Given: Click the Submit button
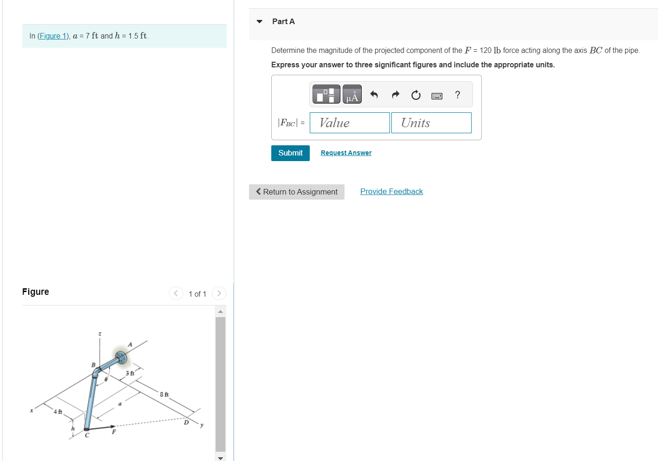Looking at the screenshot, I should point(290,153).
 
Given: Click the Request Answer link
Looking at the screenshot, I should point(346,153).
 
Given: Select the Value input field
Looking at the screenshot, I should point(350,123).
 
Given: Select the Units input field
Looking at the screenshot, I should point(431,123).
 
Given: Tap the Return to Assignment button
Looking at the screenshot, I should point(297,192).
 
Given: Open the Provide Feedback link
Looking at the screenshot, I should point(391,191).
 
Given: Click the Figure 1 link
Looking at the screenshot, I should point(53,36).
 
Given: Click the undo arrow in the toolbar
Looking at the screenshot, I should point(374,95).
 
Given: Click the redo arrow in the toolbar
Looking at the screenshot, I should point(395,95).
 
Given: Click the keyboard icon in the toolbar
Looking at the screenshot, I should point(436,96).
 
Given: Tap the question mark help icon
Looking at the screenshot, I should point(458,95).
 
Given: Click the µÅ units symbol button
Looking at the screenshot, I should point(352,94).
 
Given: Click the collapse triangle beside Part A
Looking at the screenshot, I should point(260,21).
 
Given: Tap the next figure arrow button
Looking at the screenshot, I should point(219,293).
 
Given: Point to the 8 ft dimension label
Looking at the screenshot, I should point(164,395).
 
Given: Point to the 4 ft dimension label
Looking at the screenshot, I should point(58,412).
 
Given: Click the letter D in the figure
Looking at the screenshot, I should point(186,422).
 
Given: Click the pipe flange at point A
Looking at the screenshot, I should point(121,357).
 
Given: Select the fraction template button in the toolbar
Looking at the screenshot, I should point(326,94).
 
